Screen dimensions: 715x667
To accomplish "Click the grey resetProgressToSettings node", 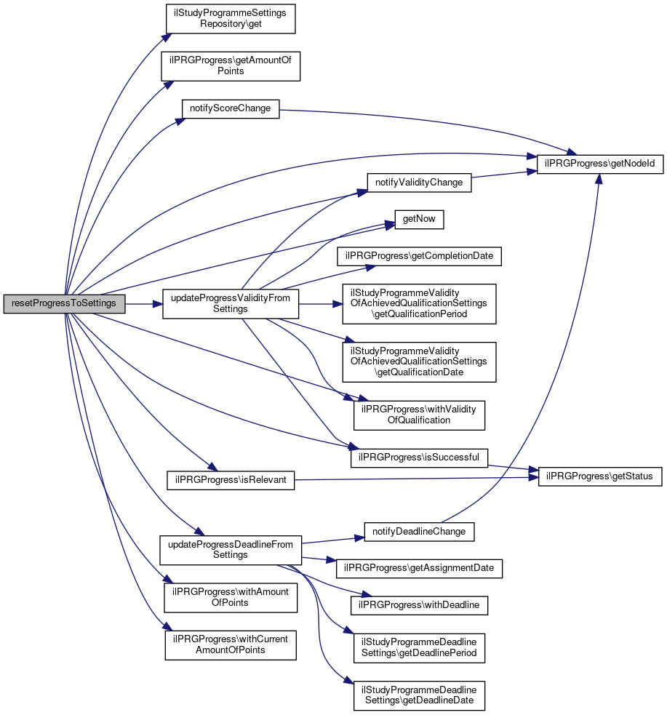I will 64,303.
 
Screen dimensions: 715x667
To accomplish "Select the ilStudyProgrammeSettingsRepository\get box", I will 230,18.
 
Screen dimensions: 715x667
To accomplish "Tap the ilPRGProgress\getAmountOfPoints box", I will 230,65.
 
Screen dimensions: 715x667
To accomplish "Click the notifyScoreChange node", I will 230,108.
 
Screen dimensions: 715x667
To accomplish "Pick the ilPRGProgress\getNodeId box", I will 600,164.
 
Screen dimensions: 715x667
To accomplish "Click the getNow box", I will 419,219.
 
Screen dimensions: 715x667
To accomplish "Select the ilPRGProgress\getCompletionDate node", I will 419,256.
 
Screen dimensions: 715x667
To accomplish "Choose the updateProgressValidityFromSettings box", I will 230,303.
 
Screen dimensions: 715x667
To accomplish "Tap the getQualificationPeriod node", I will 419,303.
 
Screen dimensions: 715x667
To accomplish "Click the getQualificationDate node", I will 419,362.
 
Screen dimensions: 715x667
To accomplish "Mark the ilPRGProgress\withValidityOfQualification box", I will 419,415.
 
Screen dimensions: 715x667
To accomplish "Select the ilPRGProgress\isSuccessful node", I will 419,458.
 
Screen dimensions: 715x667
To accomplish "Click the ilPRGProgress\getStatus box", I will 600,476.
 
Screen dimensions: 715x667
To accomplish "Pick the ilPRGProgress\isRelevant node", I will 230,480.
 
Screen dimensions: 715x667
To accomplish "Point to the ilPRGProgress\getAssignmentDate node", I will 419,567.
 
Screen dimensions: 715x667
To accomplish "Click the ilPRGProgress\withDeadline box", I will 419,604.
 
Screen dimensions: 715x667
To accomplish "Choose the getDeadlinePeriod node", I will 419,647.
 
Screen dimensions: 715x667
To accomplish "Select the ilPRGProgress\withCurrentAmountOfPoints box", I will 230,644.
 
